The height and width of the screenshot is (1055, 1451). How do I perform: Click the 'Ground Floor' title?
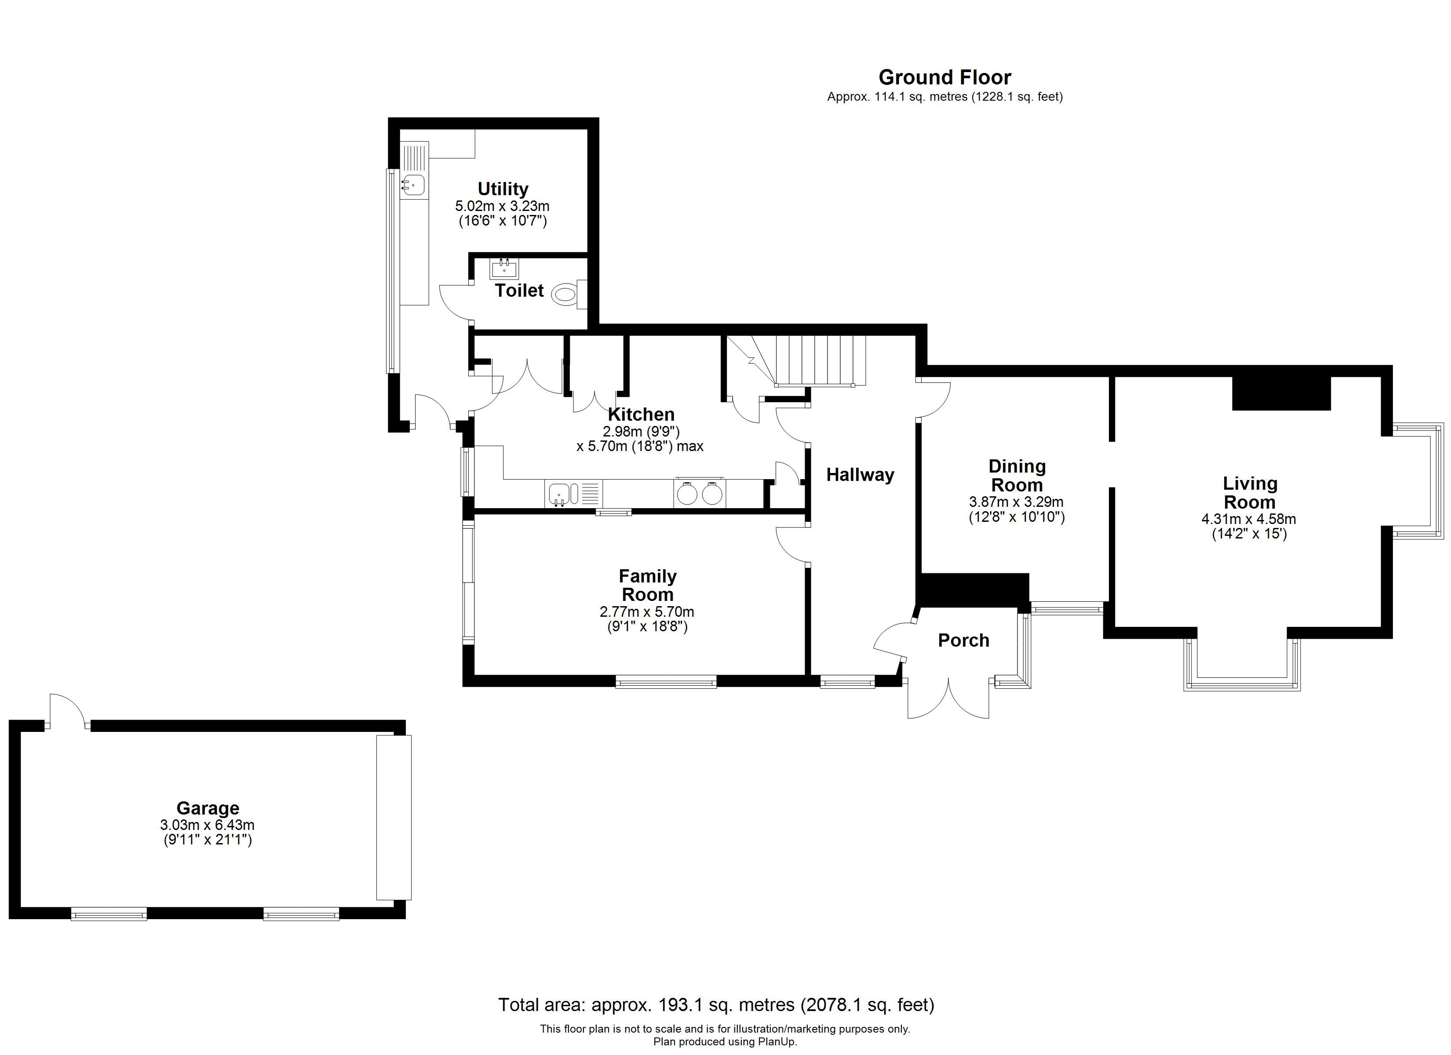[x=944, y=77]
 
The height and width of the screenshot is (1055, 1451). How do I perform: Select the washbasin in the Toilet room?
[x=504, y=269]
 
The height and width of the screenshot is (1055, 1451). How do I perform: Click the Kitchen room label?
[x=641, y=414]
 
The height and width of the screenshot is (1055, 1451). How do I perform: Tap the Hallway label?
[x=860, y=475]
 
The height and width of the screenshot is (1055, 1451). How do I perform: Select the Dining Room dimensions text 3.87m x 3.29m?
[x=1017, y=502]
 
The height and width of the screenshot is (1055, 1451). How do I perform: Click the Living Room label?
[x=1250, y=493]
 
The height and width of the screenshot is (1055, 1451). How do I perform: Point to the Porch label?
[x=963, y=640]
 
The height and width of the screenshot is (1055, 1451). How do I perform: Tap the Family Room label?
[x=647, y=586]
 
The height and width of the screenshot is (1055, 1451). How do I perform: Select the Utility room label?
[x=503, y=189]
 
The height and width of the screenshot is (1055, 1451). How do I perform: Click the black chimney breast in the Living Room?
[x=1281, y=393]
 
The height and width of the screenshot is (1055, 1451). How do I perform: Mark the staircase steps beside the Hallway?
[x=820, y=361]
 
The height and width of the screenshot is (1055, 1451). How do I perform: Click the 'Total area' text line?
[x=716, y=1005]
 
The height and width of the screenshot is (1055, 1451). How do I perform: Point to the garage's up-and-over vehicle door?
[x=394, y=818]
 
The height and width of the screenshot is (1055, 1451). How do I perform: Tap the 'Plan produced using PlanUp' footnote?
[x=725, y=1041]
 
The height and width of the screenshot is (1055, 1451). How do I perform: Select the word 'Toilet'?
[x=519, y=291]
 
